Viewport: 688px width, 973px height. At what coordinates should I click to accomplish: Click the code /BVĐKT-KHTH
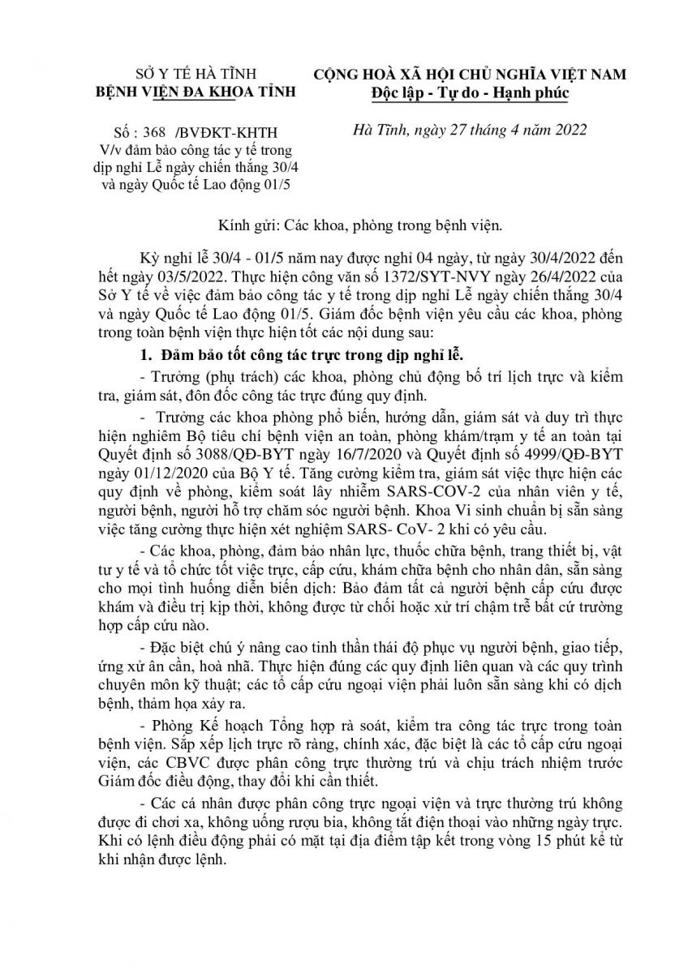pos(219,133)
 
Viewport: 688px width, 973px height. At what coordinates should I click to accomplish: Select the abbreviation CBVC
pos(166,763)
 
